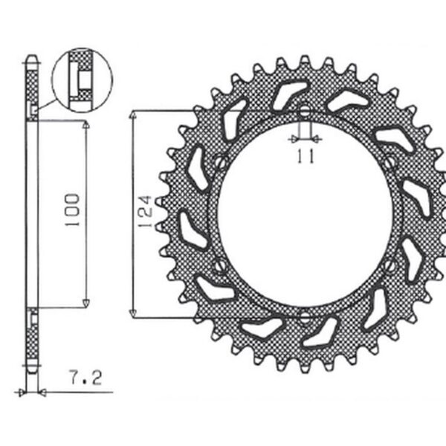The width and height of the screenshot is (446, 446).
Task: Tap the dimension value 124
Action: point(146,211)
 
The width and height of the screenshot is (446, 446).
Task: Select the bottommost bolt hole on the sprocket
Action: point(304,317)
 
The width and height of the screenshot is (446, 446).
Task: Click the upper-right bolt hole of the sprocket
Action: point(392,161)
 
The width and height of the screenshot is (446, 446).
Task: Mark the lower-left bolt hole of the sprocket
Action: point(217,266)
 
